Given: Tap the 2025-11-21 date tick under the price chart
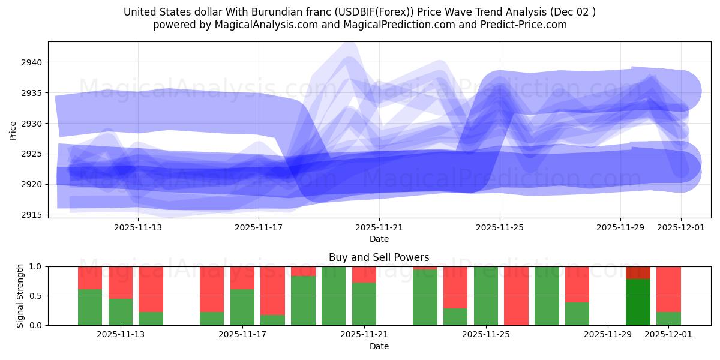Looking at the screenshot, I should pyautogui.click(x=379, y=228).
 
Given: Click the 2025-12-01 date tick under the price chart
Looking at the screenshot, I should pyautogui.click(x=680, y=228).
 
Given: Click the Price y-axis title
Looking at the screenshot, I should pyautogui.click(x=13, y=130).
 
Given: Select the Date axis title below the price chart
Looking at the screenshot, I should pyautogui.click(x=379, y=239).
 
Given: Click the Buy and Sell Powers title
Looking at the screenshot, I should pyautogui.click(x=379, y=257).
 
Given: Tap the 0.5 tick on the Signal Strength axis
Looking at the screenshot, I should pyautogui.click(x=35, y=296).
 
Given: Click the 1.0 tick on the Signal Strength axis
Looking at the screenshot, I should pyautogui.click(x=35, y=266).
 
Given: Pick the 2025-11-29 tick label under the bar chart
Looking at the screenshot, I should pyautogui.click(x=608, y=335).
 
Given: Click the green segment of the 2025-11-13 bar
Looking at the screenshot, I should pyautogui.click(x=121, y=312).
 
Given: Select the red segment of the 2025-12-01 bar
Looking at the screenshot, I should pyautogui.click(x=668, y=289).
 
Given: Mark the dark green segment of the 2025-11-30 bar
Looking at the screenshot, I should pyautogui.click(x=638, y=302).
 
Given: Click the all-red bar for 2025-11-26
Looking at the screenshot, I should pyautogui.click(x=516, y=296).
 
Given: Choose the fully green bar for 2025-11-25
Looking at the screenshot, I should pyautogui.click(x=486, y=296).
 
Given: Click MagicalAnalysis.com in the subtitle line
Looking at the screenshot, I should pyautogui.click(x=267, y=25).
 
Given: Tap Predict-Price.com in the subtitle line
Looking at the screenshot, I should pyautogui.click(x=523, y=25).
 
